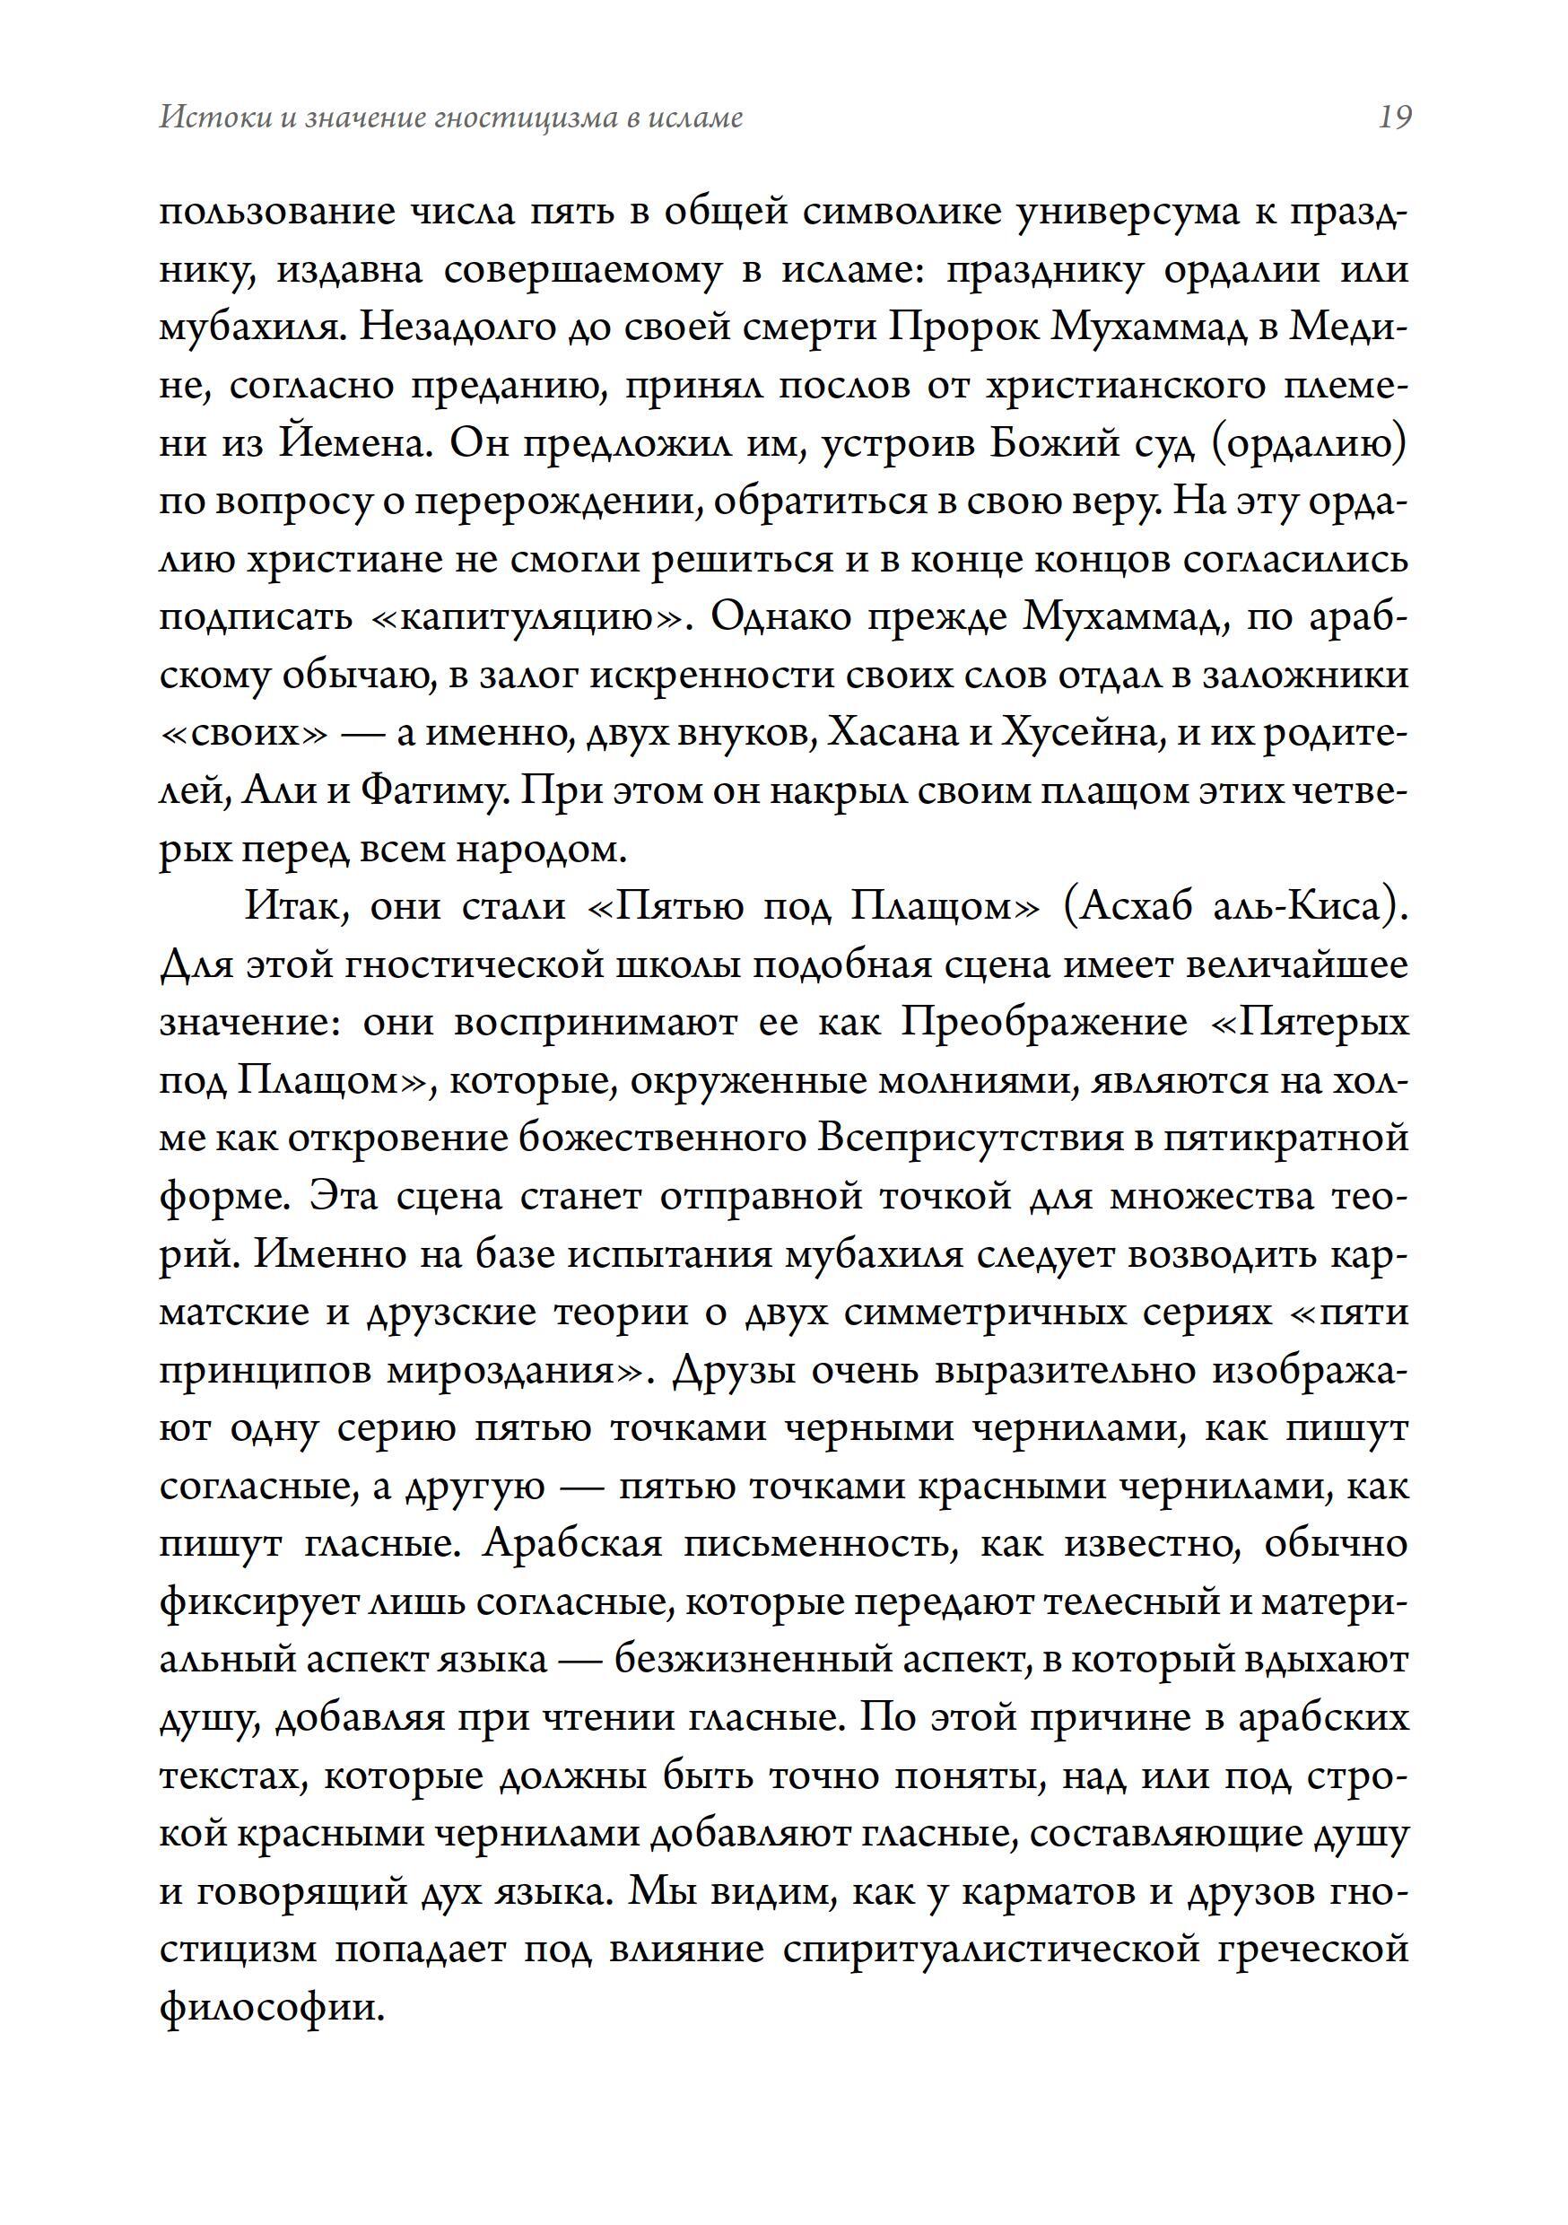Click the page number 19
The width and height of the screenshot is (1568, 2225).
pyautogui.click(x=1394, y=118)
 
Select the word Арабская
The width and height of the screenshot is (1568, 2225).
pyautogui.click(x=571, y=1544)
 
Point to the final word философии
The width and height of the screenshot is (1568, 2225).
pyautogui.click(x=273, y=2007)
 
